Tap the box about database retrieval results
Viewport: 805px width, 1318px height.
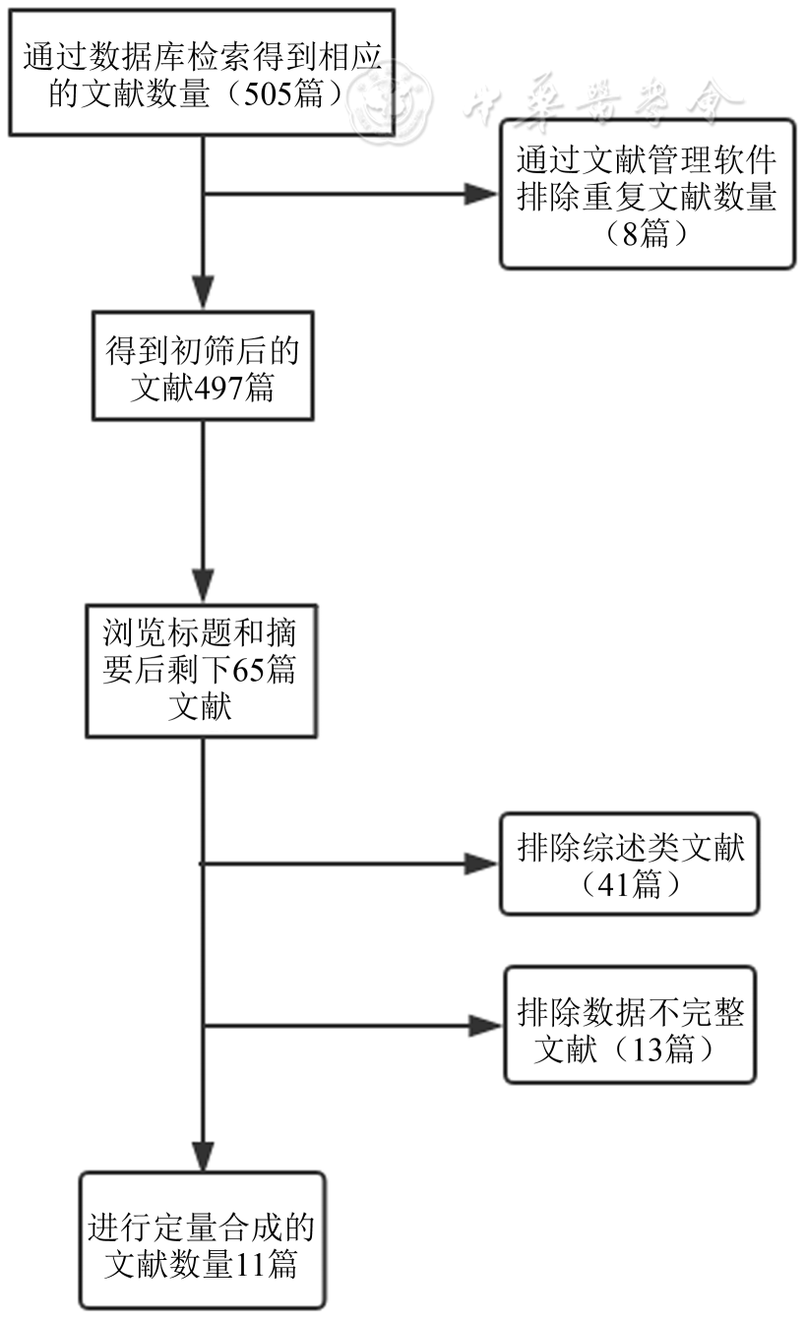tap(202, 72)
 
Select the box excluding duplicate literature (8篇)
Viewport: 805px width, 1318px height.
tap(647, 194)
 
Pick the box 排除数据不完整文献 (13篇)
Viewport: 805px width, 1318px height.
tap(630, 1025)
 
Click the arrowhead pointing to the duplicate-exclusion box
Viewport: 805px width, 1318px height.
tap(482, 194)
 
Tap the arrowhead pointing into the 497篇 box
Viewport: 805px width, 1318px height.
tap(203, 294)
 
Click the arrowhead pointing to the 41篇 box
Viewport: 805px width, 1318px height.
tap(482, 865)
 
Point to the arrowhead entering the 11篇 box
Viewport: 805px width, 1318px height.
tap(203, 1154)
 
